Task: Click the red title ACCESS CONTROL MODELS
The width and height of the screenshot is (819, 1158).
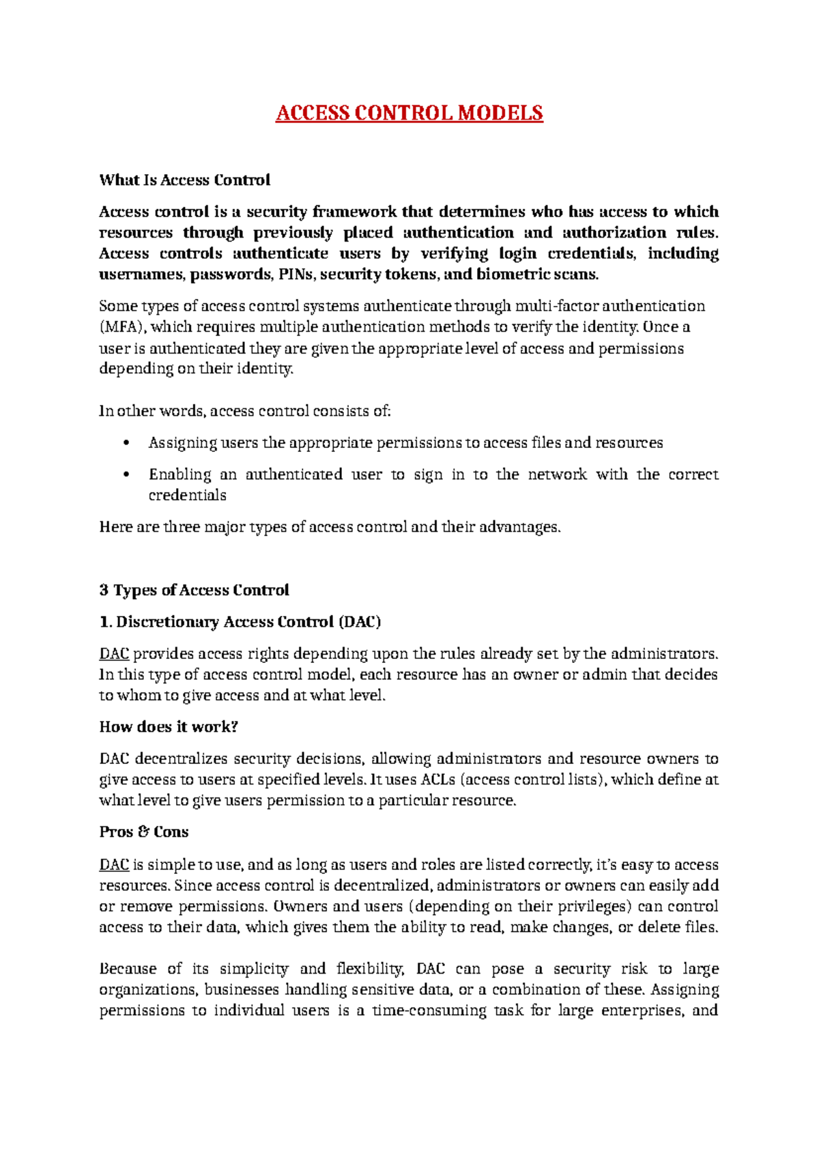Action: pos(409,113)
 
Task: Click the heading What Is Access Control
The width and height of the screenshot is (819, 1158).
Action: pos(184,180)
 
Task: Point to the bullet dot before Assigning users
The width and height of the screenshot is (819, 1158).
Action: pos(125,443)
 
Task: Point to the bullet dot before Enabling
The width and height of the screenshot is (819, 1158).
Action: pos(125,475)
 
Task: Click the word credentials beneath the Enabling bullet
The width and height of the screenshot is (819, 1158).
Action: pos(187,496)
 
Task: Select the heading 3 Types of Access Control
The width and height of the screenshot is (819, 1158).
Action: pos(194,590)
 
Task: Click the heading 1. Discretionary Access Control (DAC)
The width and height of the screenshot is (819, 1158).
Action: pos(240,622)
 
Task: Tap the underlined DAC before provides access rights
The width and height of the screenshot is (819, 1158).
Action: pos(114,654)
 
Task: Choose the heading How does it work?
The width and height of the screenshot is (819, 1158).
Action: pos(168,727)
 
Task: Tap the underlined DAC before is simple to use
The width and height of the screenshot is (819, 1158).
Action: pos(114,865)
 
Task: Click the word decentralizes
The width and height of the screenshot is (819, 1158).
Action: pos(181,759)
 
